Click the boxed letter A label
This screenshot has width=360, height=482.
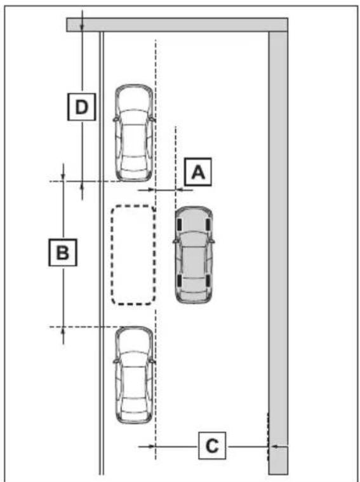point(197,172)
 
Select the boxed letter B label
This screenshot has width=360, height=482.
point(63,252)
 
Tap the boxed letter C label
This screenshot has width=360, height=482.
point(212,445)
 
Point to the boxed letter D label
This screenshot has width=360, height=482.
point(81,107)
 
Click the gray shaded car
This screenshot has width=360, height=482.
point(194,255)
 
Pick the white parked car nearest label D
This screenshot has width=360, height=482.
point(134,133)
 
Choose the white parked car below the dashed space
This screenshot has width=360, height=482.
point(134,375)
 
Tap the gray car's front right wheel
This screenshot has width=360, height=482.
point(208,224)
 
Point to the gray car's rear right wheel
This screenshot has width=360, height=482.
point(208,280)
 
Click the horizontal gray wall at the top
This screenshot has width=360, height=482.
point(177,25)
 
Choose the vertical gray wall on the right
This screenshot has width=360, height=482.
point(278,253)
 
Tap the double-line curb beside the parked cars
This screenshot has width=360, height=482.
point(102,253)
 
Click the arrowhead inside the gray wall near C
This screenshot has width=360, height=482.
point(275,446)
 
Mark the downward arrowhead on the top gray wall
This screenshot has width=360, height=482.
point(82,27)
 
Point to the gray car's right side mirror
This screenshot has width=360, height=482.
point(212,241)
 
